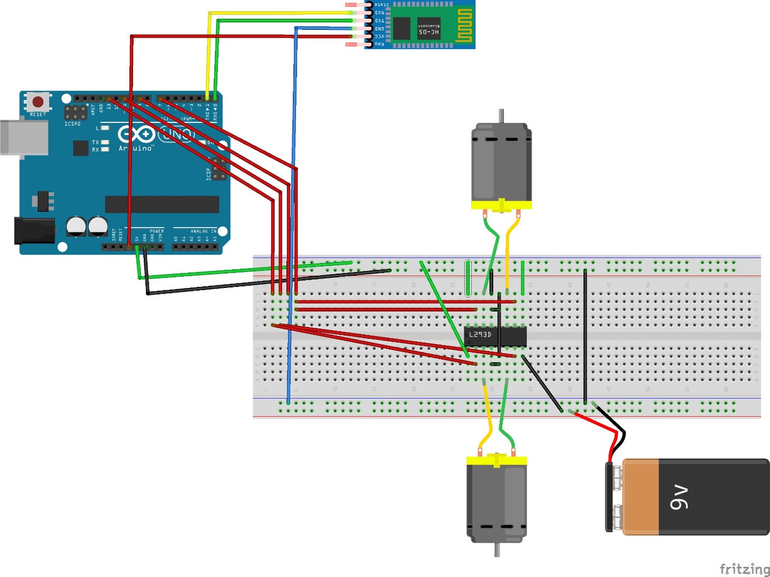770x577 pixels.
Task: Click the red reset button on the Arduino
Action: pyautogui.click(x=38, y=102)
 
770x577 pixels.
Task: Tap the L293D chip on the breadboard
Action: pyautogui.click(x=495, y=336)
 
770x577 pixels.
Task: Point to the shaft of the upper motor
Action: pyautogui.click(x=501, y=116)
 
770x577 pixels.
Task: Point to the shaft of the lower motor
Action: pyautogui.click(x=497, y=550)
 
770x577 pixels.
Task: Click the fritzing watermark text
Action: pyautogui.click(x=744, y=569)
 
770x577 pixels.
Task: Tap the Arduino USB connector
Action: pyautogui.click(x=23, y=136)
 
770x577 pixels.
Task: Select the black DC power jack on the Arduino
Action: pyautogui.click(x=34, y=231)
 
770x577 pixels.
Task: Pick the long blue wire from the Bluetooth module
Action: pyautogui.click(x=292, y=225)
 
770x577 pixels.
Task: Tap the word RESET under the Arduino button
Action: pyautogui.click(x=38, y=114)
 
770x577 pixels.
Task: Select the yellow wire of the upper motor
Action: pyautogui.click(x=508, y=254)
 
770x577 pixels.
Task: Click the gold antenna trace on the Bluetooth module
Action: pyautogui.click(x=463, y=25)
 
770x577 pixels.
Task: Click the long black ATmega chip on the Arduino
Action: pyautogui.click(x=162, y=204)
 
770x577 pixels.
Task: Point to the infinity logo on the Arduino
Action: pyautogui.click(x=136, y=134)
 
